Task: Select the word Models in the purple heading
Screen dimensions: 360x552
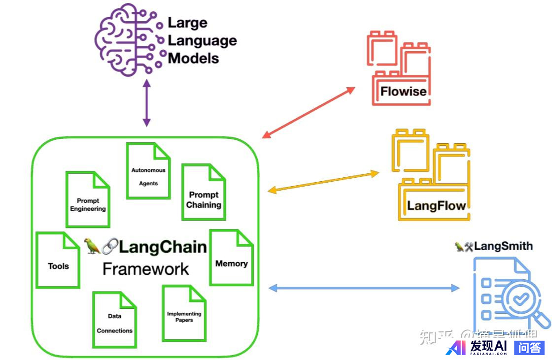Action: [194, 58]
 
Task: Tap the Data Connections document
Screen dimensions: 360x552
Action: [114, 320]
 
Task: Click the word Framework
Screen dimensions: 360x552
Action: [146, 269]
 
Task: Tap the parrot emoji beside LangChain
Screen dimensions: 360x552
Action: [92, 246]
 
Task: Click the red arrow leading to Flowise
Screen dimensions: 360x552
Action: [309, 113]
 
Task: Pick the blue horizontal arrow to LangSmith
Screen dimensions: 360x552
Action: [364, 288]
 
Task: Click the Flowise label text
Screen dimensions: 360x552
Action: [403, 91]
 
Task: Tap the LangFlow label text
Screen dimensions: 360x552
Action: [436, 205]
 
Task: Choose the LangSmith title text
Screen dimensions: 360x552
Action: [503, 246]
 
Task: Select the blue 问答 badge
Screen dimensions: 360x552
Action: [529, 348]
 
